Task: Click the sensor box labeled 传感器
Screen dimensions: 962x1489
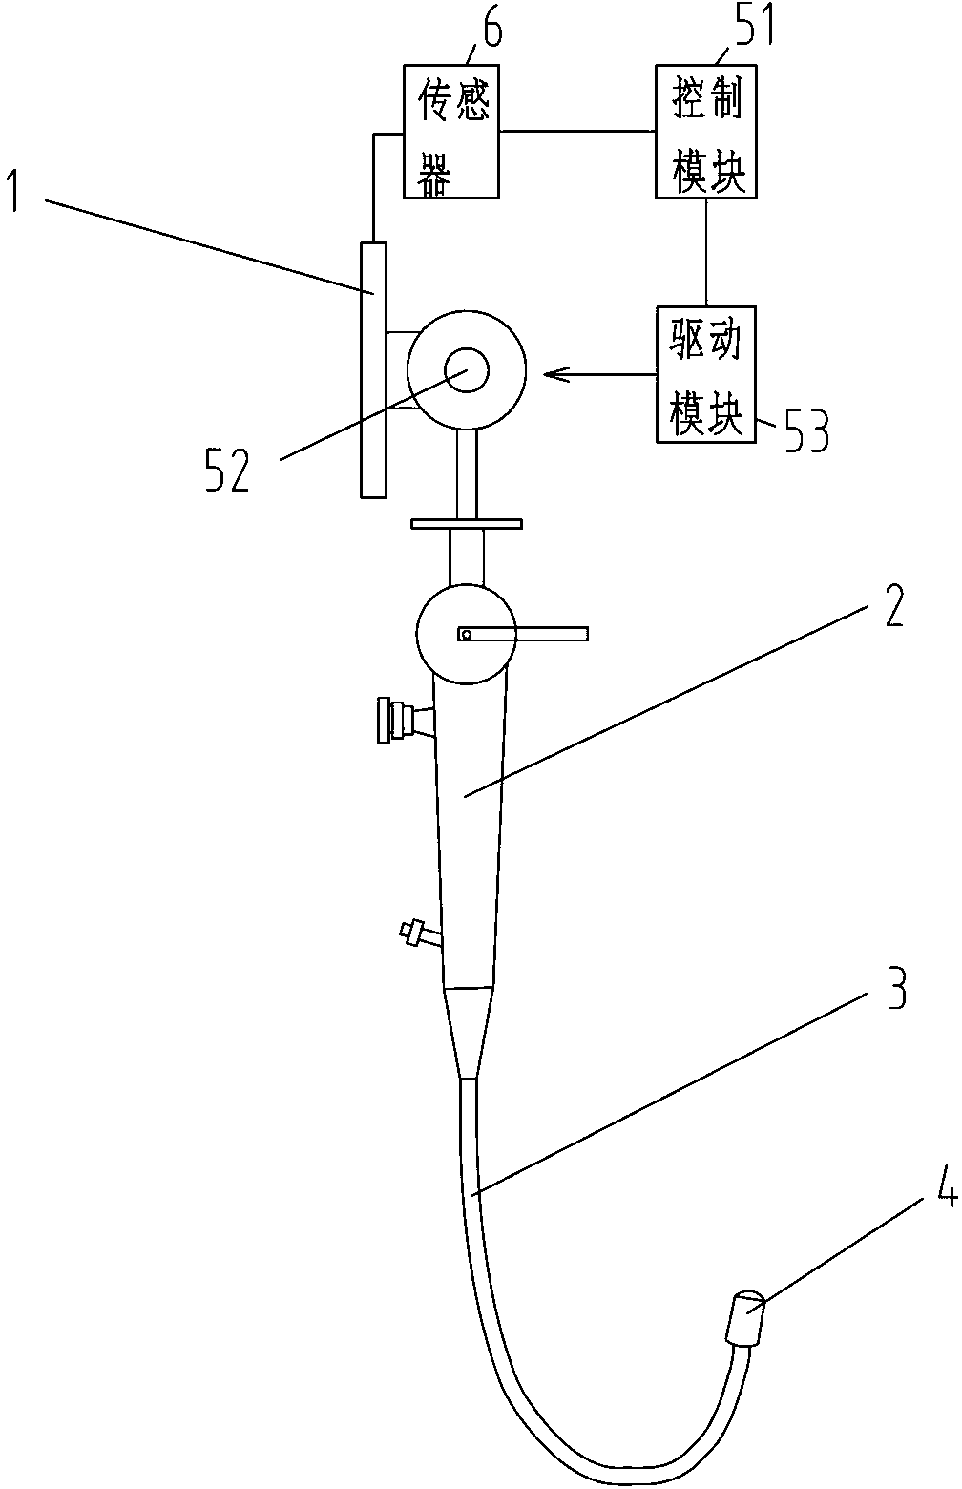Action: click(450, 131)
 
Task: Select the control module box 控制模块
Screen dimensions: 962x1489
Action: click(705, 131)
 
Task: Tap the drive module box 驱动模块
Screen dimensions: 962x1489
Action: click(705, 374)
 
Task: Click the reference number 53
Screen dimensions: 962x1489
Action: click(805, 430)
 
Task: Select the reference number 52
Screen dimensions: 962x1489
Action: click(227, 471)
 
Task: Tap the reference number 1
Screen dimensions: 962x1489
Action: click(16, 190)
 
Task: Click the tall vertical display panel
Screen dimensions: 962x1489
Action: click(373, 368)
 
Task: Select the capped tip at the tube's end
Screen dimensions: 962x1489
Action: click(746, 1317)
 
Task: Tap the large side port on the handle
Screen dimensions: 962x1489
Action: click(401, 720)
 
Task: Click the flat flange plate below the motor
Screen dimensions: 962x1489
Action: click(466, 523)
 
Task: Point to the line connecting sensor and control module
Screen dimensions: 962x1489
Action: click(576, 131)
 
